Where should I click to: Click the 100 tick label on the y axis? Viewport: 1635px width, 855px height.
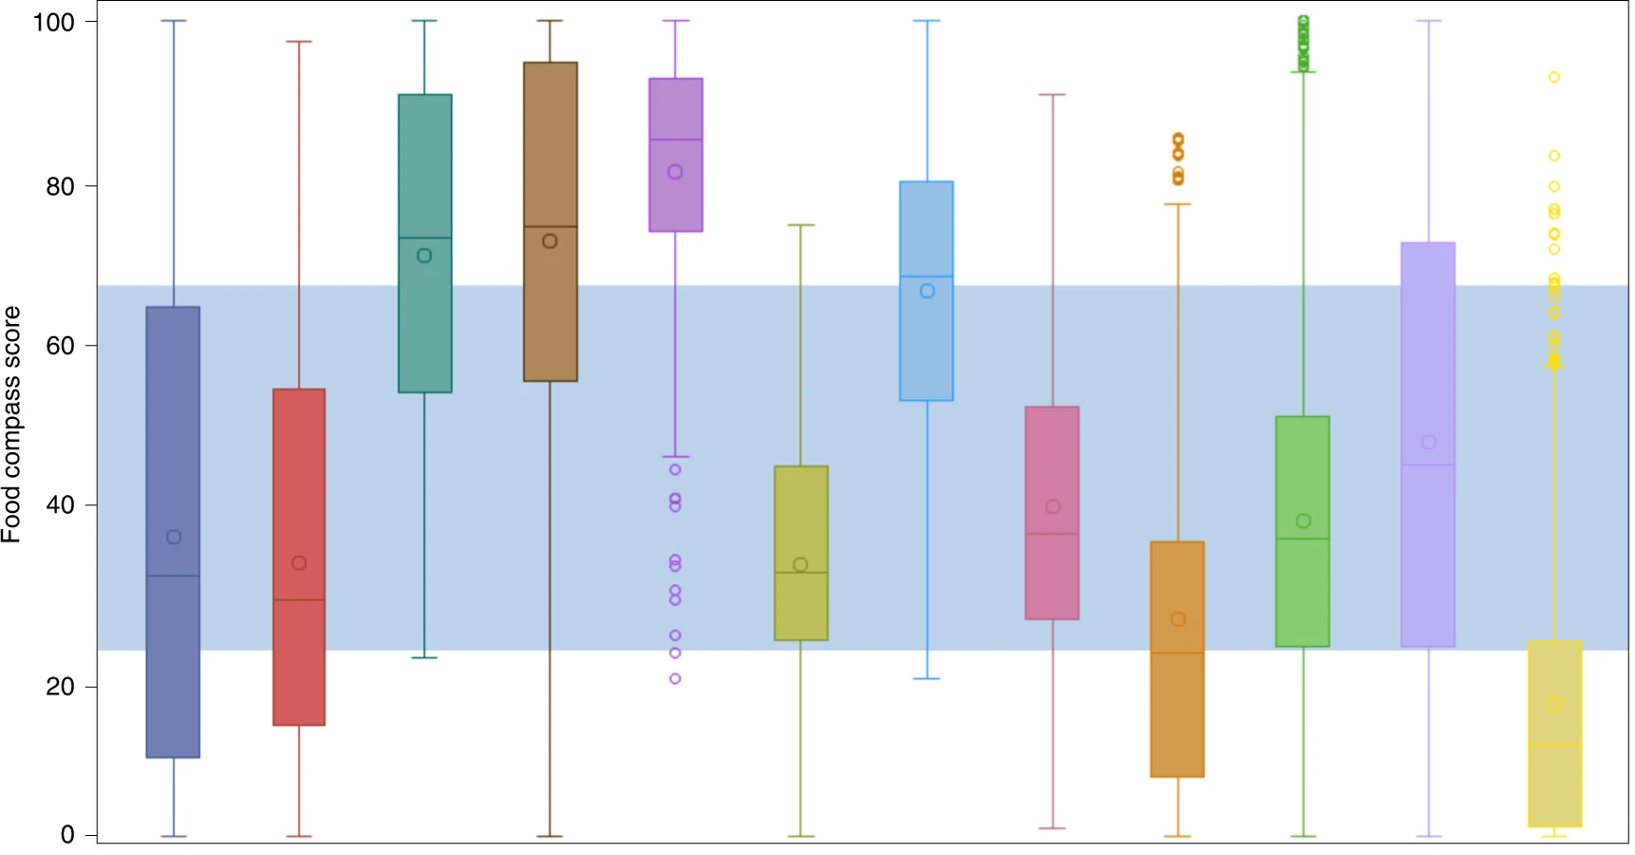click(x=53, y=22)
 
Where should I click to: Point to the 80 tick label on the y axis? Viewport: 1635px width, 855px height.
click(x=60, y=186)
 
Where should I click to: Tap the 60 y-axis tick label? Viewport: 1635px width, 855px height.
click(x=60, y=346)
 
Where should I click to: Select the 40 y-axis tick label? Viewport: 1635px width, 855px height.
click(x=60, y=505)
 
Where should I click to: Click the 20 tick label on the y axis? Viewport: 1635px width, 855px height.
click(x=60, y=686)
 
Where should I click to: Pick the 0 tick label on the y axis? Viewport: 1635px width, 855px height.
click(x=67, y=835)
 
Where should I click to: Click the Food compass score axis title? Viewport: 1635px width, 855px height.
click(x=11, y=424)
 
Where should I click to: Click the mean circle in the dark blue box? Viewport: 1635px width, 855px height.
click(x=174, y=538)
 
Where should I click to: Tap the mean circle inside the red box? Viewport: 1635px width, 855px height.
click(x=299, y=563)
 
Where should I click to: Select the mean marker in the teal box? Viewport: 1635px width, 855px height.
click(x=424, y=256)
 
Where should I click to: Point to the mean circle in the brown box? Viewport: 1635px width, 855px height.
click(x=550, y=241)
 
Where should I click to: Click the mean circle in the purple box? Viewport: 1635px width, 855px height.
click(x=675, y=172)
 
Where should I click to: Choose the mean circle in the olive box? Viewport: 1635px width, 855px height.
click(x=800, y=565)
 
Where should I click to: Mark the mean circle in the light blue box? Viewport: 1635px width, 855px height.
click(x=928, y=291)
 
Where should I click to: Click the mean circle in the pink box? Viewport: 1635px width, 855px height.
click(x=1053, y=506)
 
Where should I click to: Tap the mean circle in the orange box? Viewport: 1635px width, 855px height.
click(x=1178, y=619)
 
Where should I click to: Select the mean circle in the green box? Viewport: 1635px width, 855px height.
click(x=1304, y=521)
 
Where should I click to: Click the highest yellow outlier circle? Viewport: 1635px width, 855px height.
click(x=1554, y=77)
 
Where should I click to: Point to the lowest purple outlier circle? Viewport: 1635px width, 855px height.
click(x=675, y=678)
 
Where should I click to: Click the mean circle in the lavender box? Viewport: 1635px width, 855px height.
click(x=1429, y=443)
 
